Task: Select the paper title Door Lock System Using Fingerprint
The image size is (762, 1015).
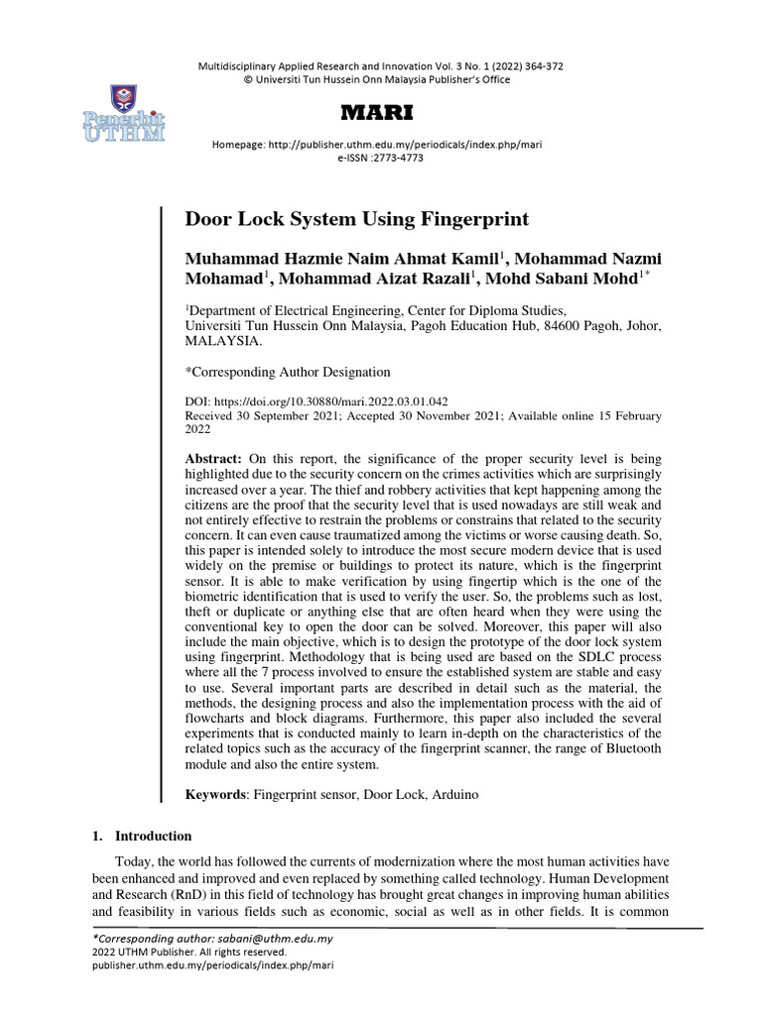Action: [x=343, y=218]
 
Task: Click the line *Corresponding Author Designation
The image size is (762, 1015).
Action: [x=288, y=372]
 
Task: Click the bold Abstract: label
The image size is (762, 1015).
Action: [x=213, y=461]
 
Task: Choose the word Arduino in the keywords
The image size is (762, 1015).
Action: [x=455, y=794]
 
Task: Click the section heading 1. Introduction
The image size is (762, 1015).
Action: [x=142, y=836]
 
